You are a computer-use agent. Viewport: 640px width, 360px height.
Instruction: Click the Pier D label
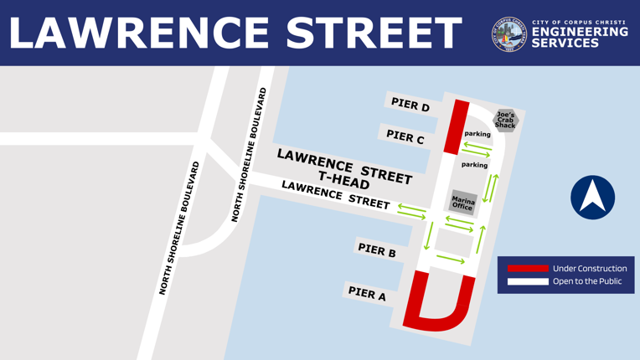(410, 105)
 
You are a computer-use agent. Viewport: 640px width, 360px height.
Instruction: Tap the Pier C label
(405, 136)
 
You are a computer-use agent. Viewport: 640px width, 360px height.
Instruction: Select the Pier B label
(377, 249)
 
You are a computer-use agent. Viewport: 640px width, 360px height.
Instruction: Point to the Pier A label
(367, 293)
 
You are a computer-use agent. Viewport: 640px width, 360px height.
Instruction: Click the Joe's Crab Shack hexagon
(505, 121)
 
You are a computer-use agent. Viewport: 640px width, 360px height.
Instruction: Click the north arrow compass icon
(592, 198)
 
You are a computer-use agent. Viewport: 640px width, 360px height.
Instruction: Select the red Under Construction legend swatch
(528, 269)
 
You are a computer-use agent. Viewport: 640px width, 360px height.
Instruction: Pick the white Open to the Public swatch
(528, 281)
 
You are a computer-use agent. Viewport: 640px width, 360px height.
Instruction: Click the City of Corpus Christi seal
(509, 33)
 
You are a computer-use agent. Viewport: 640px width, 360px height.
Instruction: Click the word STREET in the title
(374, 33)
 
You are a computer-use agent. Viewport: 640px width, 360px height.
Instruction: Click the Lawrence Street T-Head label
(344, 167)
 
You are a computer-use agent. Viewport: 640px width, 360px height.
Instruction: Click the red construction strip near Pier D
(457, 126)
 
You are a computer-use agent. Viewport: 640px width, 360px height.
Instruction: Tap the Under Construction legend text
(590, 269)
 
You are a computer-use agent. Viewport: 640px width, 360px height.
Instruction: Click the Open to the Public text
(587, 281)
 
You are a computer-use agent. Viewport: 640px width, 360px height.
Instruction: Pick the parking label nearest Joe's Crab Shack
(477, 134)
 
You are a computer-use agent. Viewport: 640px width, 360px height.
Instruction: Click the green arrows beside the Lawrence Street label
(411, 211)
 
